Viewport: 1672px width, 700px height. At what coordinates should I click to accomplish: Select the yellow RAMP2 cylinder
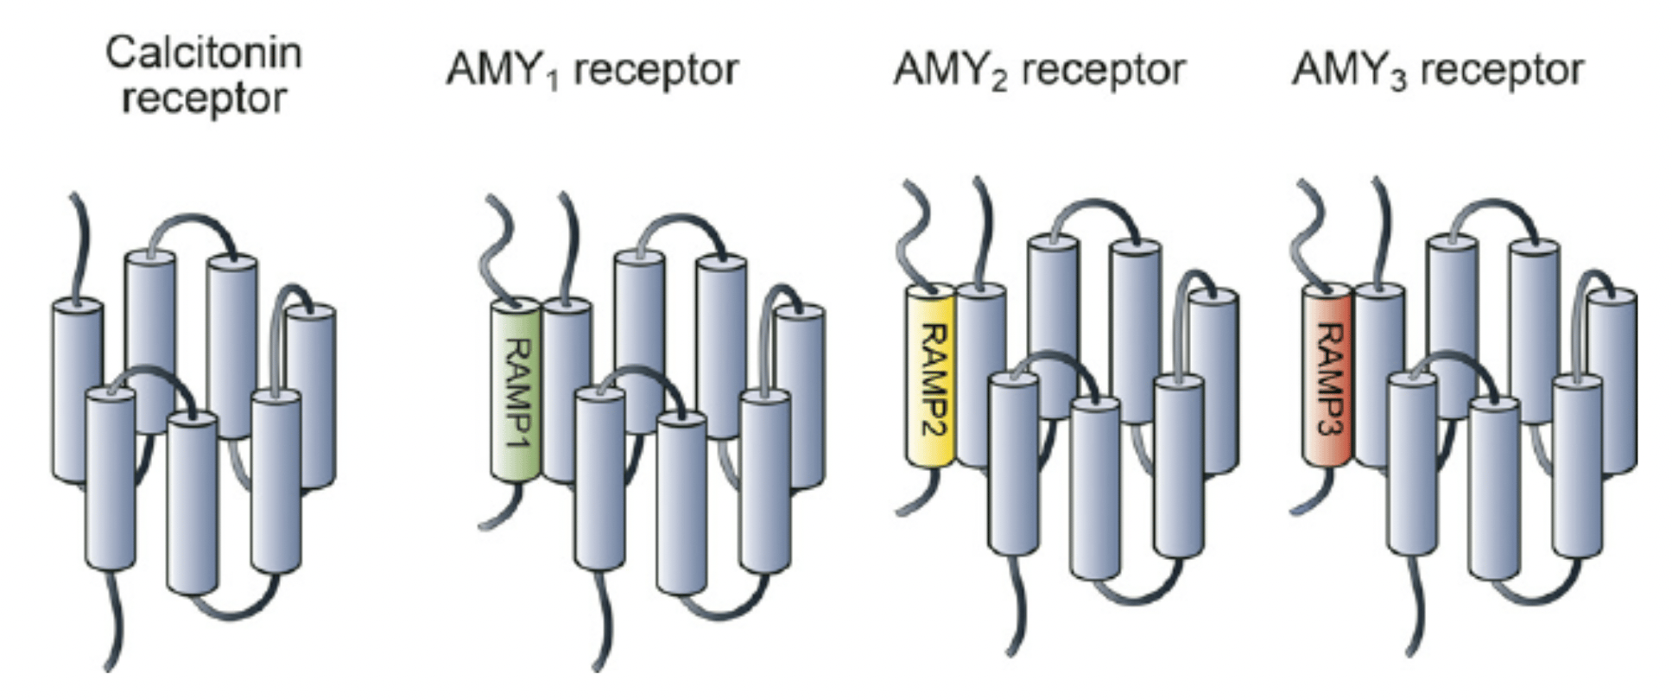930,377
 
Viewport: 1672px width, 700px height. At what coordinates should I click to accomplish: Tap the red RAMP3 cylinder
1327,377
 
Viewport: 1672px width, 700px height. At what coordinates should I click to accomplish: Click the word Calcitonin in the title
204,54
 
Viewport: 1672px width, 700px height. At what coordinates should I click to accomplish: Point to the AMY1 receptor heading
592,69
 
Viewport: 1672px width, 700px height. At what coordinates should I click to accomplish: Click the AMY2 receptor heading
1039,69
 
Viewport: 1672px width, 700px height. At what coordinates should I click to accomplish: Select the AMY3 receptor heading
1438,69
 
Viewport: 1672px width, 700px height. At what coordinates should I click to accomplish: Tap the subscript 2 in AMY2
1000,80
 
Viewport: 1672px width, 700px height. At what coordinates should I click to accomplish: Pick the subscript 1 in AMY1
554,80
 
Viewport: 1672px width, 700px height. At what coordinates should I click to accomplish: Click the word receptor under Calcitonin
204,99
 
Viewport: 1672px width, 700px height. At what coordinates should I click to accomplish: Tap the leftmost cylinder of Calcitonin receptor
78,389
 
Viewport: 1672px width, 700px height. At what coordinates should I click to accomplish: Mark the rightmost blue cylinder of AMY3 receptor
1612,380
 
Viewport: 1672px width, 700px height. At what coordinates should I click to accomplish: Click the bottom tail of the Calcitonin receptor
114,622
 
